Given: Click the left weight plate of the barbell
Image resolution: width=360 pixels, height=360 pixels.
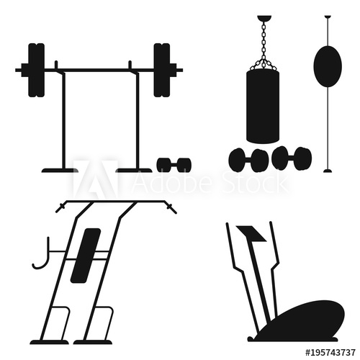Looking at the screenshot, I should click(36, 70).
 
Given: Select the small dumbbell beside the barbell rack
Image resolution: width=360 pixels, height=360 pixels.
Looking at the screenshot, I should click(174, 165).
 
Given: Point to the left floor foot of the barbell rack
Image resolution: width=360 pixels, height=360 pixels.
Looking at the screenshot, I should click(59, 170).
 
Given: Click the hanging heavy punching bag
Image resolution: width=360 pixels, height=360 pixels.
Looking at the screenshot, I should click(262, 106).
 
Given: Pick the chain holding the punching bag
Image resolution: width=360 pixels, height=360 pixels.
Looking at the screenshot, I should click(262, 43).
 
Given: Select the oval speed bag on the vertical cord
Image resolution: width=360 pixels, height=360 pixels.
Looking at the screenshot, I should click(327, 66).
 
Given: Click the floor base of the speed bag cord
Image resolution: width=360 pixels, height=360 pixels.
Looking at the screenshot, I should click(328, 171).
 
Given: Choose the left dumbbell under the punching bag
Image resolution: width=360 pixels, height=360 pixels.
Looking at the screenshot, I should click(249, 160).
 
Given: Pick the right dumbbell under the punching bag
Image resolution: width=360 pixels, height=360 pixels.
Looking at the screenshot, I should click(292, 158).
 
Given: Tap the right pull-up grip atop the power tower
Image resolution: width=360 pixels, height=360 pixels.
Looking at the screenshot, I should click(170, 209).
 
